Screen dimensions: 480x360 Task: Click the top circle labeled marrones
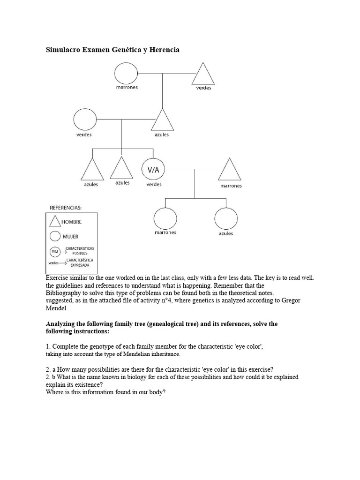127,73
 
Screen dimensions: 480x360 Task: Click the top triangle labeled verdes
203,75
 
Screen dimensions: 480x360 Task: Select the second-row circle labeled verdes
85,120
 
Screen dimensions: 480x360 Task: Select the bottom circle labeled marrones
165,218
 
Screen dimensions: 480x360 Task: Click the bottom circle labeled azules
225,218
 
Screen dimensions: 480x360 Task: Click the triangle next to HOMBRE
55,221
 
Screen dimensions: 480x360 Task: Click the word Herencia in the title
164,49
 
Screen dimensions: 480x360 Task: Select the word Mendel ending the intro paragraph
57,308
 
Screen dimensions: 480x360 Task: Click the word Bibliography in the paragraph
64,293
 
